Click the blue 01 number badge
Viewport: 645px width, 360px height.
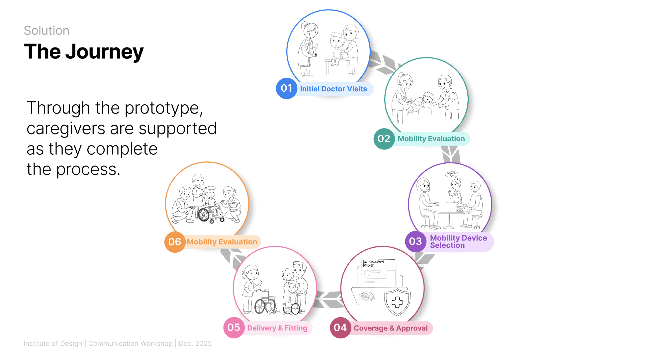point(286,88)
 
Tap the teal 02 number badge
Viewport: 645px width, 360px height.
point(384,139)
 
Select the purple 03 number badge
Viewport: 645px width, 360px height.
point(415,241)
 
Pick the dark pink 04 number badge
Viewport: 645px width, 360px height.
point(340,328)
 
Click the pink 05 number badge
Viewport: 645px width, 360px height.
point(234,327)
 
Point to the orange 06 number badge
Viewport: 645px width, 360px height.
point(175,242)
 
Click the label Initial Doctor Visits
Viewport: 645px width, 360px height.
point(333,89)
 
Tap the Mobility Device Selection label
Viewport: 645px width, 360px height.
point(458,242)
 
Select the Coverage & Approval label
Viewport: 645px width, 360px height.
point(391,328)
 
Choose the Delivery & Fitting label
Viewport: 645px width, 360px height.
point(277,328)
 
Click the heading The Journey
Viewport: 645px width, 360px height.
point(84,52)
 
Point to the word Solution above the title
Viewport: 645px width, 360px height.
point(46,31)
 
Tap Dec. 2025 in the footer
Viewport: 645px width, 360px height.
point(195,343)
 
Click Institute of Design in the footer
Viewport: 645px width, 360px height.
point(53,343)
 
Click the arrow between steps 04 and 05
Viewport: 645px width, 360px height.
point(329,300)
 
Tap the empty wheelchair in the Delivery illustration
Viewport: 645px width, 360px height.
point(265,302)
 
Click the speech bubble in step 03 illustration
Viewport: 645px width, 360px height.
point(452,174)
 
